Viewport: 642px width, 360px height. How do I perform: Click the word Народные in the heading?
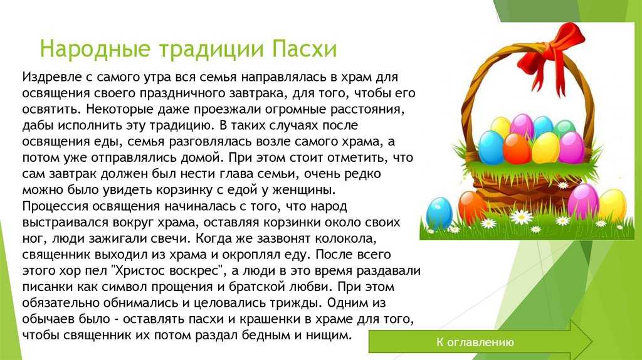(95, 49)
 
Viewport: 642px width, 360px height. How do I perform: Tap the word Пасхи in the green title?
(304, 48)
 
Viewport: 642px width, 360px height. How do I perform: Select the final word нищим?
(329, 336)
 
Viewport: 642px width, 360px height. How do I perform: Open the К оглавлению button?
(475, 342)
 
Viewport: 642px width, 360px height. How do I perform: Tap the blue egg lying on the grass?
(439, 213)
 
